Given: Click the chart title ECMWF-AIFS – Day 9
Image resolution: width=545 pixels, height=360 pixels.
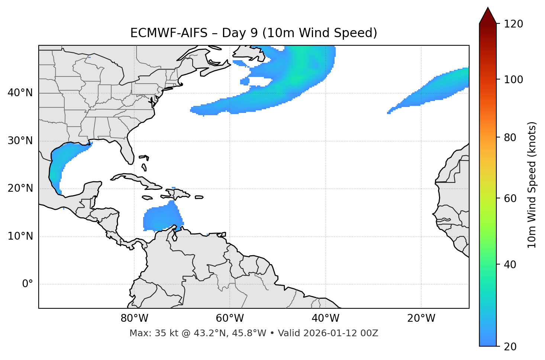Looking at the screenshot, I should tap(254, 33).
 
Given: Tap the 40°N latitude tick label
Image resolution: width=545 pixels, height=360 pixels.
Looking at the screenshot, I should tap(20, 93).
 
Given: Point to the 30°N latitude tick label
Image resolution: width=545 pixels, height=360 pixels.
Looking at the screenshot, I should tap(20, 141).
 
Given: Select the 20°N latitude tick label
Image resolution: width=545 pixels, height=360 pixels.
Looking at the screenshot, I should tap(20, 188).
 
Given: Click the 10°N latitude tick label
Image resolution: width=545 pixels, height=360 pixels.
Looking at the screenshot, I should tap(20, 236).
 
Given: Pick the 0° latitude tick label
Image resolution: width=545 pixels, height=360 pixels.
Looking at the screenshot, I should tap(27, 284).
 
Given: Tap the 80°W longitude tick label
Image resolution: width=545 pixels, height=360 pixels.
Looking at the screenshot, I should tap(134, 318).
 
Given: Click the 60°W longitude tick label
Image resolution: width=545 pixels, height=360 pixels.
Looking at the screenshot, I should tap(230, 318).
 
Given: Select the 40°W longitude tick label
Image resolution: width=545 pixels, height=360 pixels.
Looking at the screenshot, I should tap(325, 318).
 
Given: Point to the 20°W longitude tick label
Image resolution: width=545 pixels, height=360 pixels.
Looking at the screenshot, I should tap(421, 318).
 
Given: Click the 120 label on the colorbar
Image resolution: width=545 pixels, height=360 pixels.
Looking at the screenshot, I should tap(513, 24).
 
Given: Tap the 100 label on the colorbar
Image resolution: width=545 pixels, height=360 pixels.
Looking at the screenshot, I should tap(513, 80).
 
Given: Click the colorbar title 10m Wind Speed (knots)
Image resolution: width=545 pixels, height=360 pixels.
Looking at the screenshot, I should tap(532, 185).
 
